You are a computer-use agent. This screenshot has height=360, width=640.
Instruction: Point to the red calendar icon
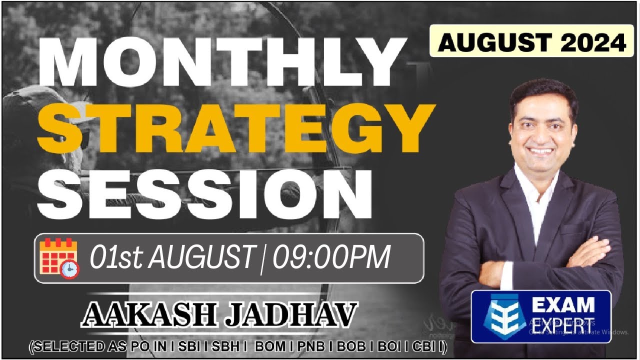pyautogui.click(x=56, y=256)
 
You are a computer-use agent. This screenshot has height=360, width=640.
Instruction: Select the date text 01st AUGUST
pyautogui.click(x=171, y=258)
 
